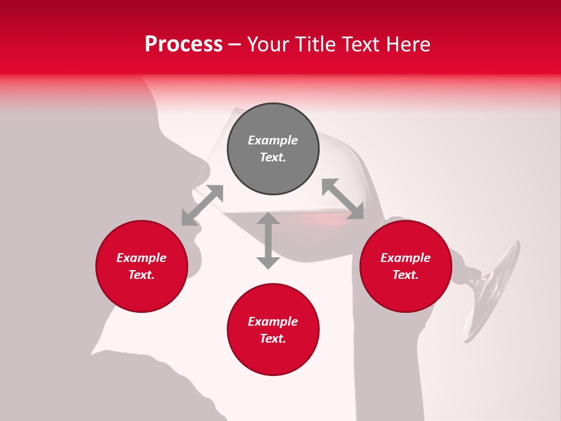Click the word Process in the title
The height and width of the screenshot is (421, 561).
pyautogui.click(x=183, y=44)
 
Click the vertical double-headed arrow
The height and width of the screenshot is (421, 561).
pyautogui.click(x=268, y=240)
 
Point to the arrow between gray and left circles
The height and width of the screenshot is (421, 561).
pyautogui.click(x=202, y=205)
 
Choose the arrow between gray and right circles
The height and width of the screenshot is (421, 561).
pyautogui.click(x=343, y=199)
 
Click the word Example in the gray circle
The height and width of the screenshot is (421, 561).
pyautogui.click(x=273, y=140)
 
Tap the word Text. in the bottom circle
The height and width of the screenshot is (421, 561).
pyautogui.click(x=273, y=339)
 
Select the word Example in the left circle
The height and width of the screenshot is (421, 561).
pyautogui.click(x=141, y=258)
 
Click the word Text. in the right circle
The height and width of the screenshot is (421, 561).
pyautogui.click(x=406, y=275)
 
